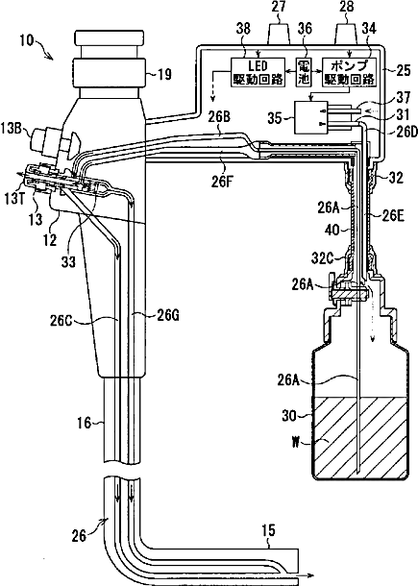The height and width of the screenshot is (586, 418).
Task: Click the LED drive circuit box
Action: [258, 72]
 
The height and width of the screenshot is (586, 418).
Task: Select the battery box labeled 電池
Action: [303, 72]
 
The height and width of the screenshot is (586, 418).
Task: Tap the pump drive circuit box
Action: [349, 72]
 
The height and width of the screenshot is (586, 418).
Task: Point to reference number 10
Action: [27, 40]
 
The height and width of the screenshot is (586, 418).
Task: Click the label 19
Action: [163, 74]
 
